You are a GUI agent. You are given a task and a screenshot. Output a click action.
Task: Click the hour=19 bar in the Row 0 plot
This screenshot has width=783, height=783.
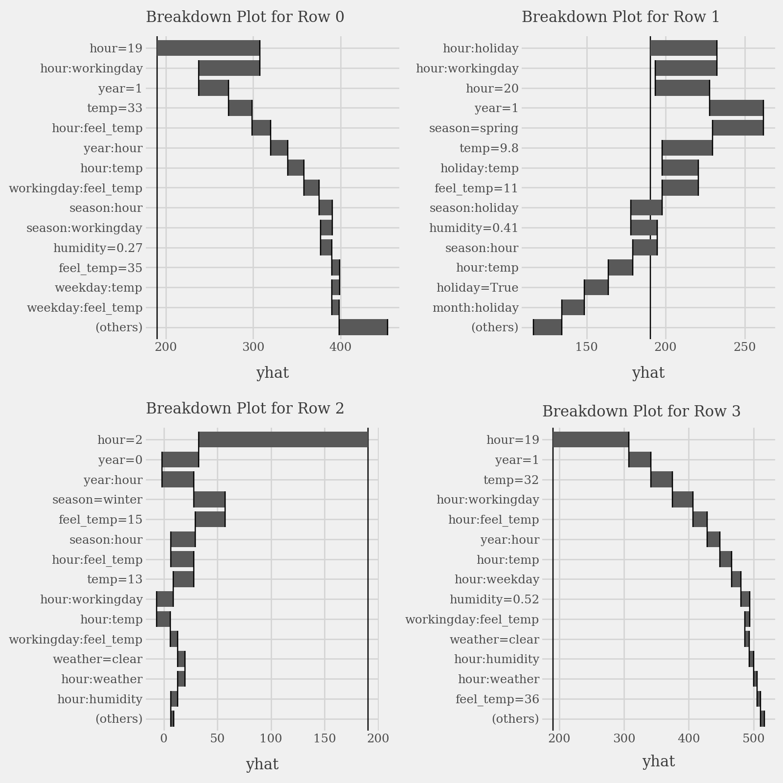[x=208, y=48]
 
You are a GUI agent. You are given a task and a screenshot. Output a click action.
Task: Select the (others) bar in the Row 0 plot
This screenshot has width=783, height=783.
[x=363, y=327]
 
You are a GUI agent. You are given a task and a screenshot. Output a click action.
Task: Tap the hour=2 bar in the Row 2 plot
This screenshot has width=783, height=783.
[x=283, y=439]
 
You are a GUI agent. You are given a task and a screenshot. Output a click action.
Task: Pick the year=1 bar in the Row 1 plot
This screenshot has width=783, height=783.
[x=736, y=108]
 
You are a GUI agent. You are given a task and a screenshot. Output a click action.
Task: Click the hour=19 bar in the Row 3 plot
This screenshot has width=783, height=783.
[x=591, y=439]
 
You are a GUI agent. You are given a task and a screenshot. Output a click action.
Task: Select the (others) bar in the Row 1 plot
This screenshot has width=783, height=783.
[x=547, y=327]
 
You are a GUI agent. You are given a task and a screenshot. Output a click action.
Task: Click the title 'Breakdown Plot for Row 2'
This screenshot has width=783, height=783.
[x=245, y=408]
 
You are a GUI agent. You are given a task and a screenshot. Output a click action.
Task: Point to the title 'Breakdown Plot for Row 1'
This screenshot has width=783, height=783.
[x=621, y=17]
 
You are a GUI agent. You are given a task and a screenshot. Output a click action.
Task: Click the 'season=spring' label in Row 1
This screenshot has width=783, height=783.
[x=473, y=128]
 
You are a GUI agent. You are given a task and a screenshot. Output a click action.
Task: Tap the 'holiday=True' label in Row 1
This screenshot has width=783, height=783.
[x=477, y=288]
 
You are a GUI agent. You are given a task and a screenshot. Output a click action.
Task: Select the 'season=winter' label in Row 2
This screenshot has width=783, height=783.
[x=97, y=500]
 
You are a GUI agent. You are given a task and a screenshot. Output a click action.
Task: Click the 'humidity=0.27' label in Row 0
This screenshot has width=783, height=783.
[x=98, y=248]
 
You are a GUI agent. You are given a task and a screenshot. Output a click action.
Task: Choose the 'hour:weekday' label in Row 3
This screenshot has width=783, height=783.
[x=497, y=579]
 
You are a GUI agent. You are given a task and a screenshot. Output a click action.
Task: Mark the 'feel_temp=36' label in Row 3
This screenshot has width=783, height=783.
[x=497, y=699]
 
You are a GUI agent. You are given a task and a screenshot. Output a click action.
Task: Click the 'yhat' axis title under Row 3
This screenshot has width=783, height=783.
[x=658, y=761]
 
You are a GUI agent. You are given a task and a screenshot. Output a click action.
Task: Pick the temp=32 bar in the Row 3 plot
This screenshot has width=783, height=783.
[x=662, y=480]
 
